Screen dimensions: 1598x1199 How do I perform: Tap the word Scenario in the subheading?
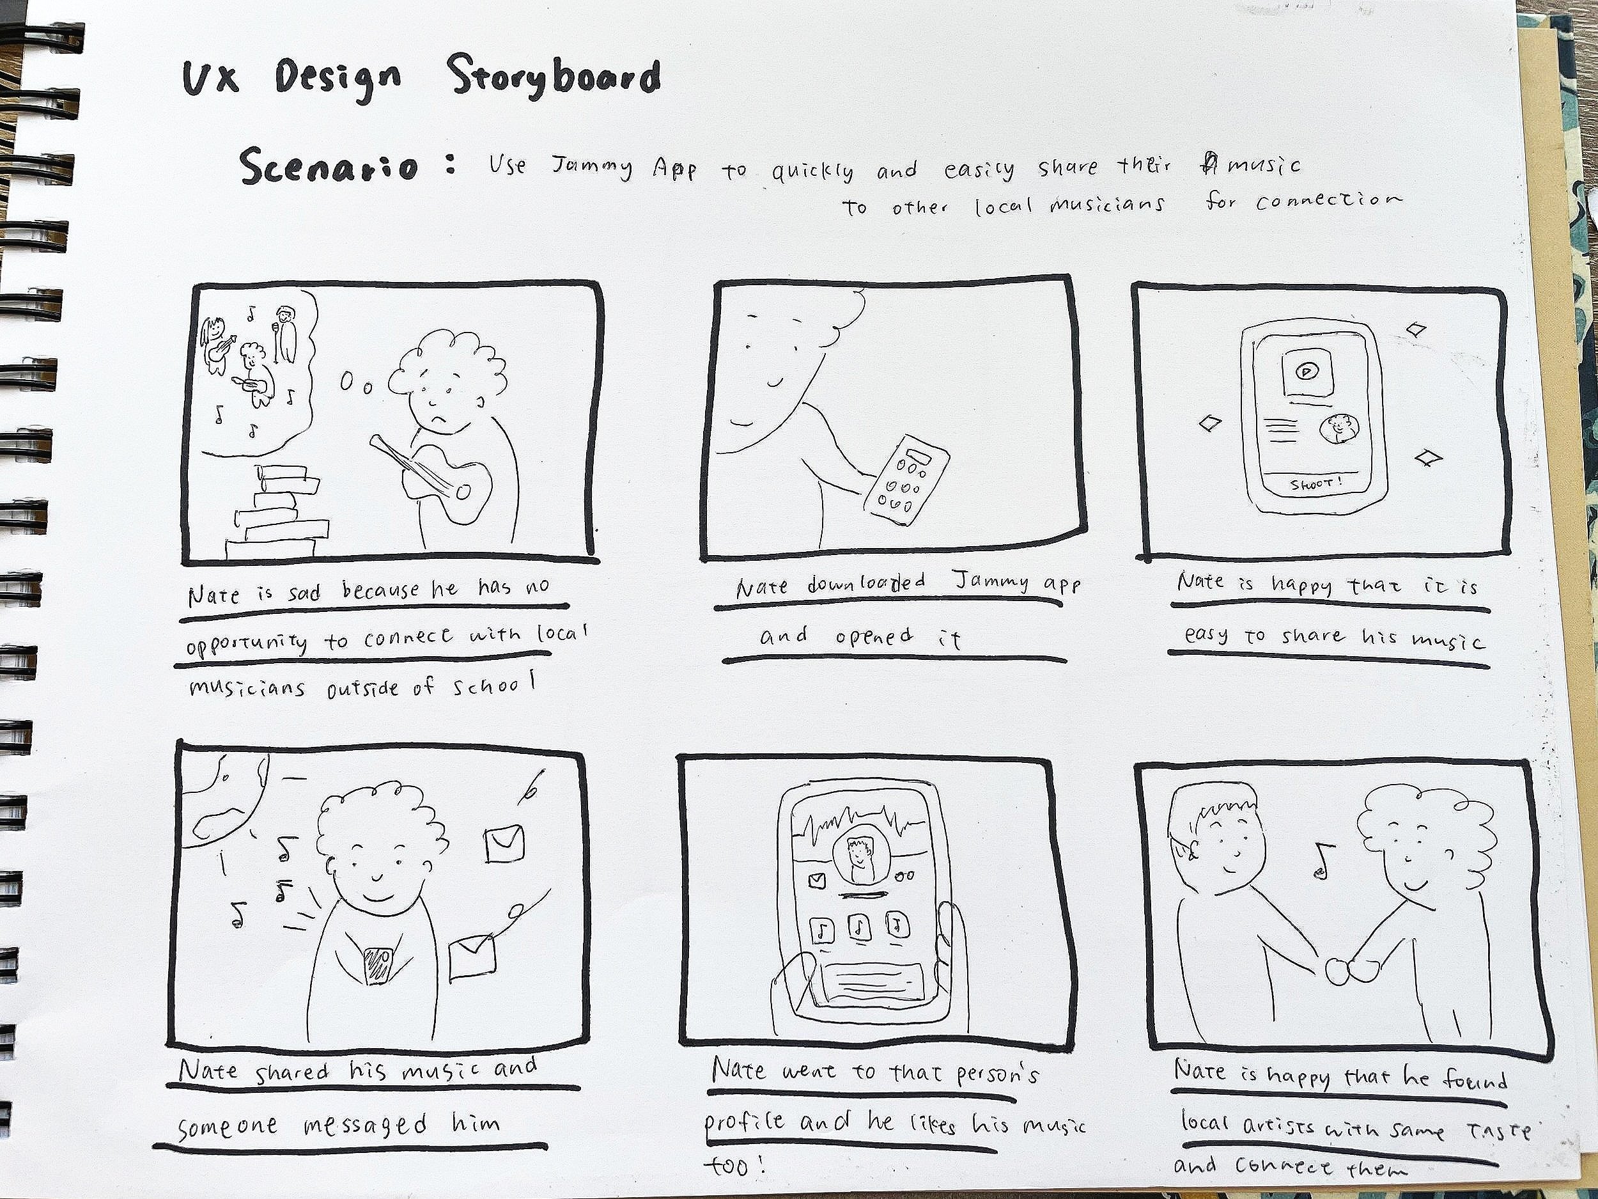(x=329, y=166)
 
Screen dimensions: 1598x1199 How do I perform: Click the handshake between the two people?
(x=1353, y=968)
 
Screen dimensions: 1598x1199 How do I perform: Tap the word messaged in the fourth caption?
(x=365, y=1126)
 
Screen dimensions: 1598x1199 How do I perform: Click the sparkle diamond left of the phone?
(x=1210, y=422)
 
